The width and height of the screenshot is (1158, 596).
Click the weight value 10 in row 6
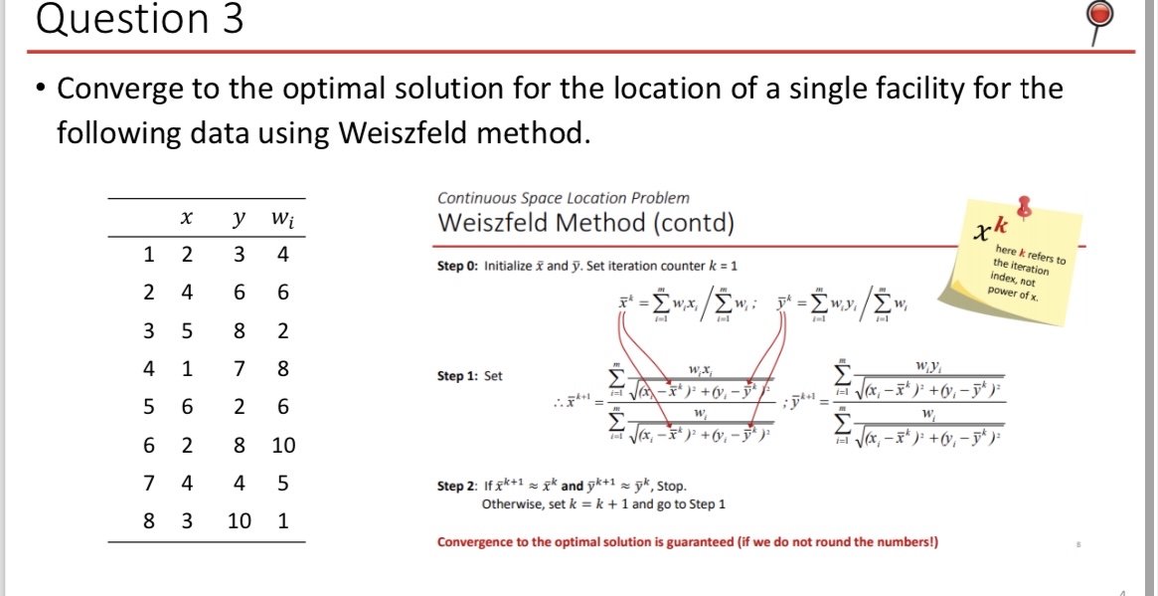(283, 445)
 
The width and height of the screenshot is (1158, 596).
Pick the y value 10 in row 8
(240, 520)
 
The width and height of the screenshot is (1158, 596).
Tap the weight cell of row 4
(283, 369)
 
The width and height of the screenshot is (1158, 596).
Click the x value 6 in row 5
(186, 407)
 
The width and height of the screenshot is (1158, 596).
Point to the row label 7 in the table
(148, 483)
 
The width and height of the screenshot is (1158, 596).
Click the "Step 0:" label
(459, 267)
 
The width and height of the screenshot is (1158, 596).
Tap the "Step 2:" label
(459, 487)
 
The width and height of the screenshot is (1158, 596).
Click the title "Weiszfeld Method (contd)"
(585, 222)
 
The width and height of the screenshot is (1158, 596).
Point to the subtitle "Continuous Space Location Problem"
(563, 198)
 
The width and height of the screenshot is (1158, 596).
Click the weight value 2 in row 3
(283, 331)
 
